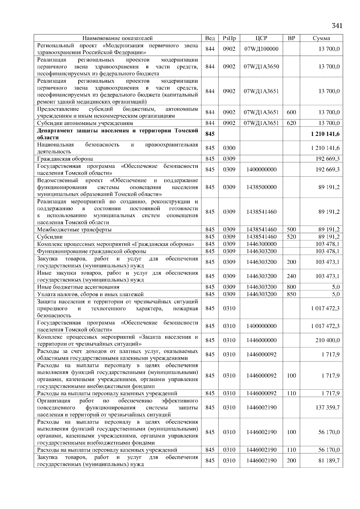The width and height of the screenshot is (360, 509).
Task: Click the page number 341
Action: (x=337, y=26)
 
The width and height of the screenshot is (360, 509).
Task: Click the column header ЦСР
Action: (x=261, y=38)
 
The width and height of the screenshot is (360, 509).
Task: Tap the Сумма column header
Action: (x=321, y=38)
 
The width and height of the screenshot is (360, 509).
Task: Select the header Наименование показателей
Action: (x=117, y=38)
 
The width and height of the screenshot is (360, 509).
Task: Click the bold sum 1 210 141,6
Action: (x=325, y=134)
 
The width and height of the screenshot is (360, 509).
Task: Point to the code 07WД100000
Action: (x=261, y=49)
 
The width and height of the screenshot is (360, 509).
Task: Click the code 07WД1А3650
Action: (x=261, y=67)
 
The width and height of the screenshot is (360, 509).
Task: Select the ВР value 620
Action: (x=291, y=123)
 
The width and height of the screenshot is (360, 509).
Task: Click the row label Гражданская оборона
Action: (x=65, y=159)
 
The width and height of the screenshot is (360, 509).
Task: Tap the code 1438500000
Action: (x=261, y=187)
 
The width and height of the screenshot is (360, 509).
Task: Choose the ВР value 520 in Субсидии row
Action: (x=291, y=237)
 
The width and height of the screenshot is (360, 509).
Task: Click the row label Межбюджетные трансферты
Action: (x=74, y=230)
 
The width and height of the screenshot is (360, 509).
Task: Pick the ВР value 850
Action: (x=291, y=294)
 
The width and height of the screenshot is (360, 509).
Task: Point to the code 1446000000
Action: (x=261, y=340)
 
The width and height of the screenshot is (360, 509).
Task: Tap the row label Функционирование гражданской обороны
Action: (x=91, y=251)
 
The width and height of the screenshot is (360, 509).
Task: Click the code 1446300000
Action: (x=261, y=244)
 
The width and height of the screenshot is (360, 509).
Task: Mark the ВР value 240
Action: (x=291, y=276)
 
